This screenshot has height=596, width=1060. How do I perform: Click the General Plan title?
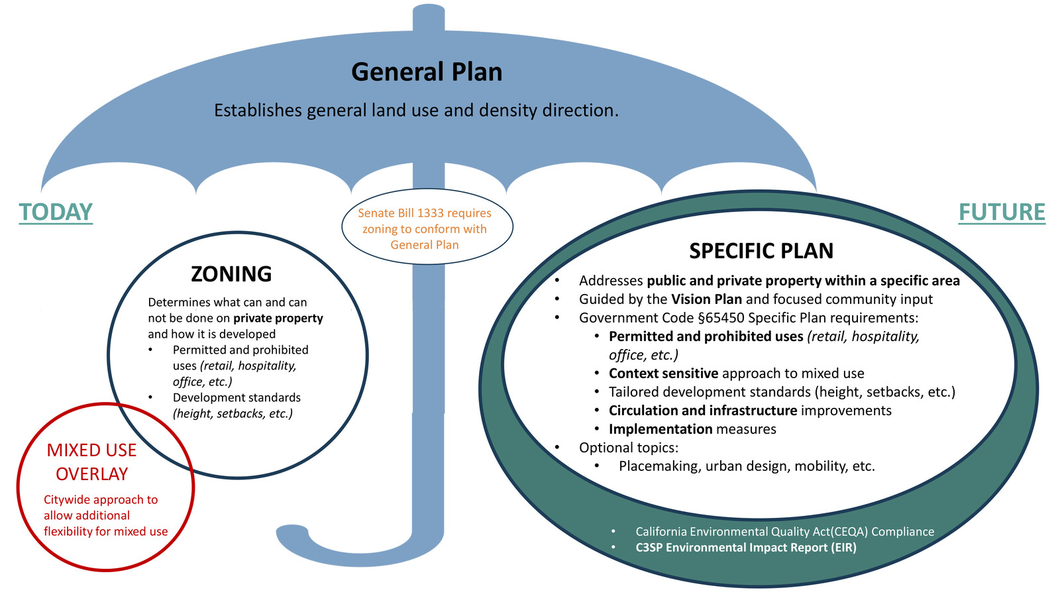tap(427, 72)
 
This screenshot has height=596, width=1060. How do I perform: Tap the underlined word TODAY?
tap(56, 213)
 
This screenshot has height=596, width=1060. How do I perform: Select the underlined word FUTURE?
tap(1002, 213)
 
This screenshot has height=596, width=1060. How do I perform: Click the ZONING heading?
tap(231, 274)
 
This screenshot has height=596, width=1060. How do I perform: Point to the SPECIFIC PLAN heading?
tap(761, 251)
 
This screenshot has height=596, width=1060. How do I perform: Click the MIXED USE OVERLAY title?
tap(91, 462)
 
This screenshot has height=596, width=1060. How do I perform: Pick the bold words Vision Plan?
tap(706, 299)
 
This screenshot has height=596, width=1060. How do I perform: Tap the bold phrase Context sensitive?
tap(663, 373)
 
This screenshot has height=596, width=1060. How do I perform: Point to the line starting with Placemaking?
tap(747, 466)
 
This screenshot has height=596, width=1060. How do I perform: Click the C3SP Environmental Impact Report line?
tap(745, 548)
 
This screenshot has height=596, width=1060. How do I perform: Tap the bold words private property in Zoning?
tap(278, 319)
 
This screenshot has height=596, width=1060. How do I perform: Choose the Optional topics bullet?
tap(628, 448)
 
